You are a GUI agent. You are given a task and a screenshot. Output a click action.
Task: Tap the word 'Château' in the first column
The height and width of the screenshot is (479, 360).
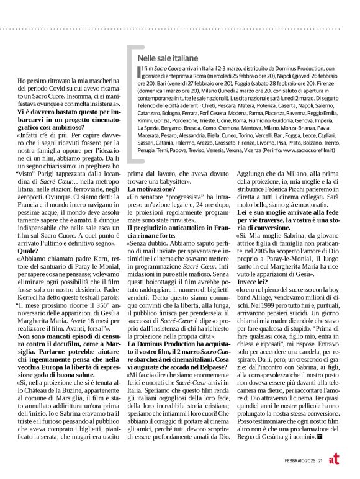78,385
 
